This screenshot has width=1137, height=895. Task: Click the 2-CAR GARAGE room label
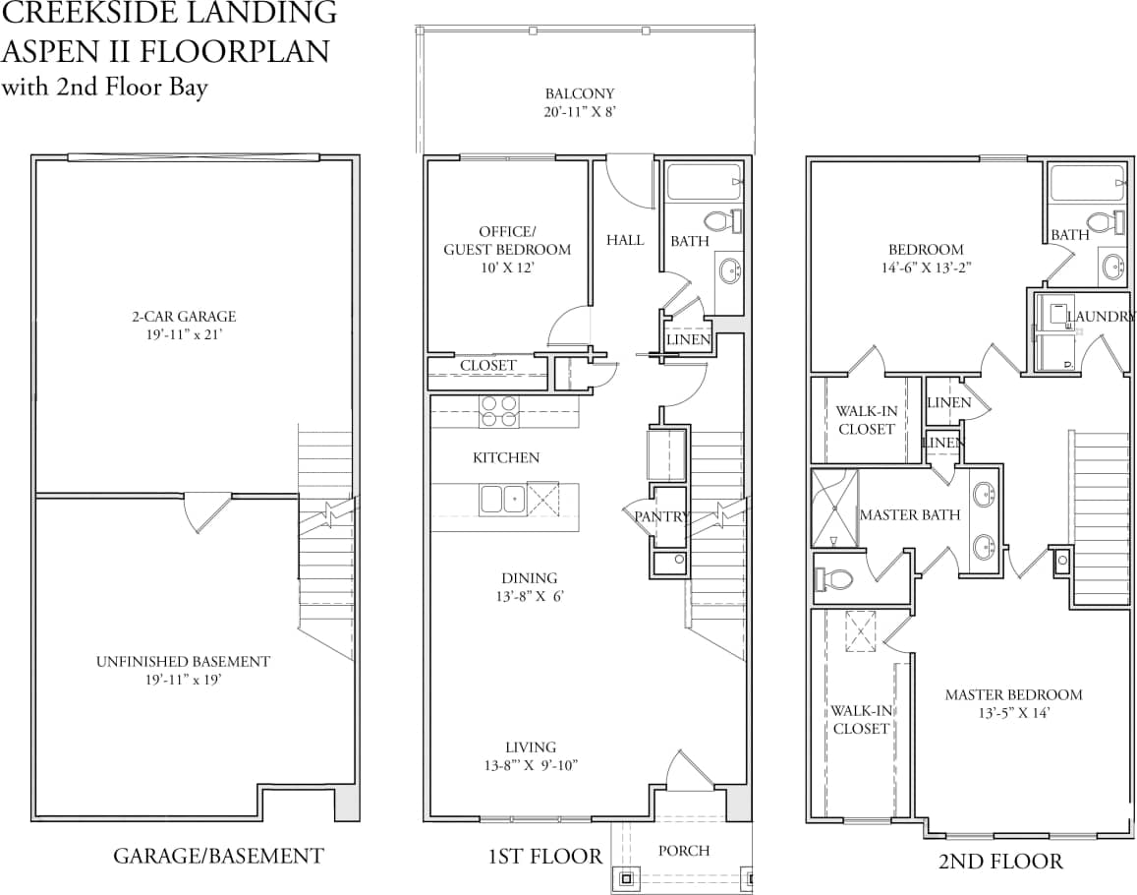tap(184, 317)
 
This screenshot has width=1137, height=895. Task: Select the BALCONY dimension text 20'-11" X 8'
tap(580, 112)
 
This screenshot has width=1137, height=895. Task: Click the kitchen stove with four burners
tap(499, 410)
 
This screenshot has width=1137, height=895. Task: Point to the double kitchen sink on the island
tap(502, 500)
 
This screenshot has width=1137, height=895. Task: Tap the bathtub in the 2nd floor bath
tap(1086, 183)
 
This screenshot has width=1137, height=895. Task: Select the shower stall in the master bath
tap(833, 507)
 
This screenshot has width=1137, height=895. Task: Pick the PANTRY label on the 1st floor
tap(660, 516)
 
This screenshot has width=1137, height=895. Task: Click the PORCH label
tap(683, 851)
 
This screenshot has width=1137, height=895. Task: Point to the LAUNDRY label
tap(1102, 317)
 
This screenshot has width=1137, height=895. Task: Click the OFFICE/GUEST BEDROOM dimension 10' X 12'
tap(506, 267)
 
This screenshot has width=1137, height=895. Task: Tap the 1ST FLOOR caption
tap(544, 857)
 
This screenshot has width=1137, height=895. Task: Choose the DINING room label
tap(529, 578)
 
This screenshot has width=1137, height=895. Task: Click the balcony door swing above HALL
tap(629, 183)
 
